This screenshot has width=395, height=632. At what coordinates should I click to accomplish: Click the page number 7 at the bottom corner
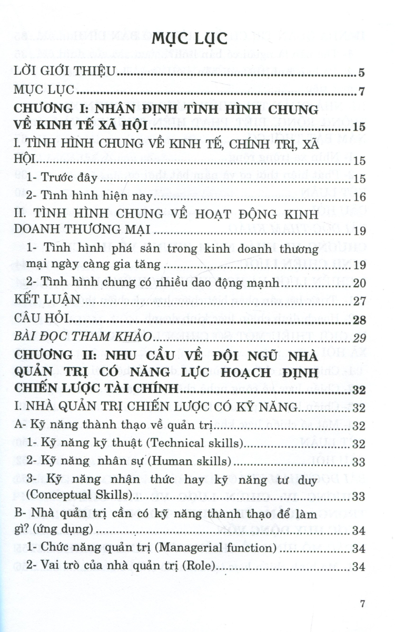click(x=362, y=604)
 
